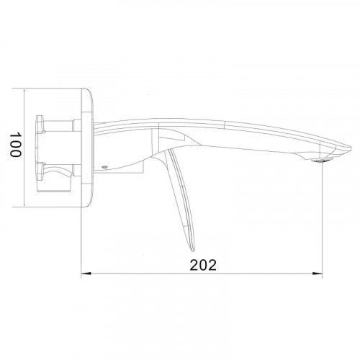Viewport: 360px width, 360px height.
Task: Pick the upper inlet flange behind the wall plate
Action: click(48, 124)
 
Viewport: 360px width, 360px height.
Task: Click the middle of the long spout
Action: click(230, 134)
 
